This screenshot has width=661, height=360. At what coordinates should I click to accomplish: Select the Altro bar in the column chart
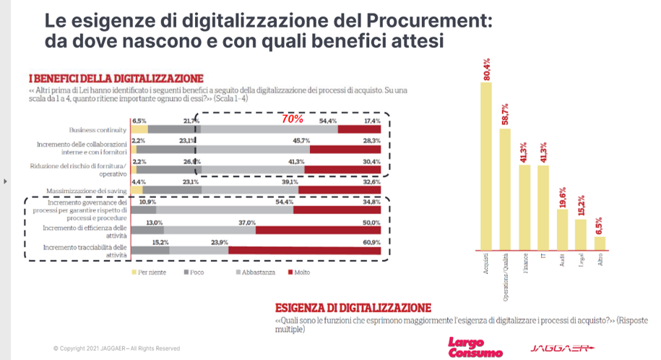[599, 242]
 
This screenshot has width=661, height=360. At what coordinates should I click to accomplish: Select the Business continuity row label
[98, 129]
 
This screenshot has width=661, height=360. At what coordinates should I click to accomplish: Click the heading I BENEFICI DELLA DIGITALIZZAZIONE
[116, 78]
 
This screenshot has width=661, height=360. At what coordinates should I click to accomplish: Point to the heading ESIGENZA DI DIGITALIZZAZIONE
[353, 307]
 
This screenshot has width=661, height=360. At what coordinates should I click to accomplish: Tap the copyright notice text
[116, 348]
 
